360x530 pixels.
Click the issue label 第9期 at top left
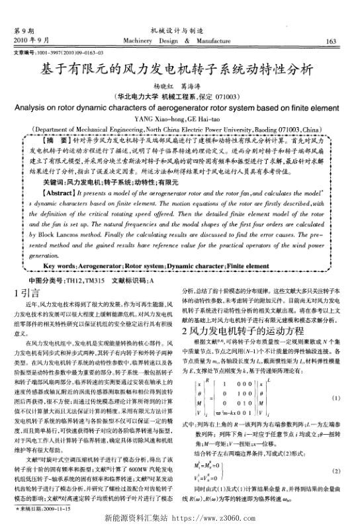coord(24,30)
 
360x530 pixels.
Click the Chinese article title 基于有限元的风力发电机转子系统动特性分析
coord(179,68)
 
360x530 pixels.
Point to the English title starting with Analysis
coord(179,109)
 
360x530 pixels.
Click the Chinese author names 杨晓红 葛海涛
coord(179,86)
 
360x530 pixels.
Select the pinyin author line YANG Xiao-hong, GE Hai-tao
coord(179,120)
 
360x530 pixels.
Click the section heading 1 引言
coord(25,292)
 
